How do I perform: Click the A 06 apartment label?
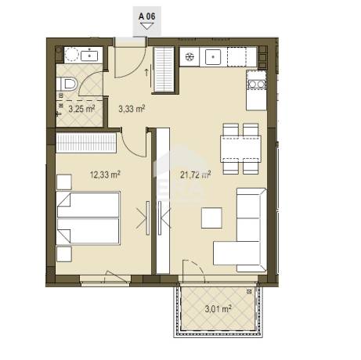pyautogui.click(x=147, y=16)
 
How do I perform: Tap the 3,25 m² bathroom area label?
pyautogui.click(x=81, y=109)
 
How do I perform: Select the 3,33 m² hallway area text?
pyautogui.click(x=132, y=109)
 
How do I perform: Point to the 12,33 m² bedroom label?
pyautogui.click(x=105, y=175)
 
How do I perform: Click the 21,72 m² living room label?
pyautogui.click(x=196, y=175)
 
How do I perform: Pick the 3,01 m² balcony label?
pyautogui.click(x=218, y=309)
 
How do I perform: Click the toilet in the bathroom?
pyautogui.click(x=67, y=84)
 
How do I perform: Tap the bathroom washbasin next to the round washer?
pyautogui.click(x=89, y=56)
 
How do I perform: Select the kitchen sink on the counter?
pyautogui.click(x=213, y=56)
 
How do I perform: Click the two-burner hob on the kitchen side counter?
pyautogui.click(x=256, y=84)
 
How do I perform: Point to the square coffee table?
pyautogui.click(x=211, y=218)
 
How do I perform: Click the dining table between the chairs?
pyautogui.click(x=240, y=149)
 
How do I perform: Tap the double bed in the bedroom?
pyautogui.click(x=88, y=218)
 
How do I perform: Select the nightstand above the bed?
pyautogui.click(x=64, y=182)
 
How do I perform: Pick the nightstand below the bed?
pyautogui.click(x=64, y=254)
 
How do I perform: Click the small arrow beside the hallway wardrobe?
pyautogui.click(x=146, y=73)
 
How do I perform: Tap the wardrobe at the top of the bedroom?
pyautogui.click(x=86, y=142)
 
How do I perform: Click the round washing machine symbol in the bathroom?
pyautogui.click(x=71, y=55)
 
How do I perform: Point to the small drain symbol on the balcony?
pyautogui.click(x=250, y=291)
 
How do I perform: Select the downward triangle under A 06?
pyautogui.click(x=146, y=26)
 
